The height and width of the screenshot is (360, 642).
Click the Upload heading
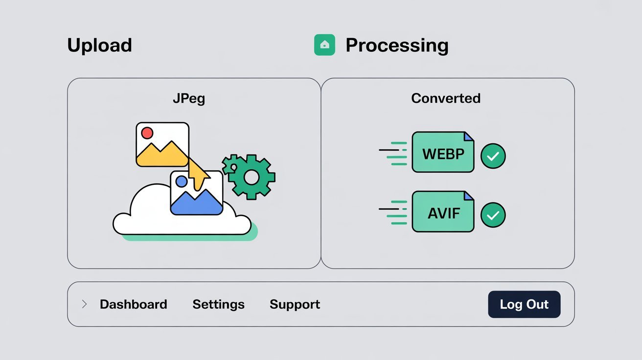(99, 45)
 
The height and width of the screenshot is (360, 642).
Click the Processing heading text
(397, 45)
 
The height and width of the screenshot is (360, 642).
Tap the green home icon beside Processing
(324, 45)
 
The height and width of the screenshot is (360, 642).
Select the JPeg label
(189, 98)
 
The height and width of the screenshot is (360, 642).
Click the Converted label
(446, 98)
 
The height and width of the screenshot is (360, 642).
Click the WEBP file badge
(443, 152)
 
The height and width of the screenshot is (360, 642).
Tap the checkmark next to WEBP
(493, 156)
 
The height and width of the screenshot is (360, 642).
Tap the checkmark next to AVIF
(493, 215)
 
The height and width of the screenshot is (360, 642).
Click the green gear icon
(251, 177)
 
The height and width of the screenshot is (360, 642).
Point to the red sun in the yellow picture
(147, 133)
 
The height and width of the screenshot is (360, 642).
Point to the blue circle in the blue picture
(181, 181)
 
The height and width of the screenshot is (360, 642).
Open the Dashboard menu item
(133, 304)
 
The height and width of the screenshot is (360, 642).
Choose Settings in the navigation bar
(218, 304)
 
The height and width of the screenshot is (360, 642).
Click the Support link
(295, 304)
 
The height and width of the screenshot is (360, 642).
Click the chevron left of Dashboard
(84, 304)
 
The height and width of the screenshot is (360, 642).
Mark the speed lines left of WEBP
(393, 153)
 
